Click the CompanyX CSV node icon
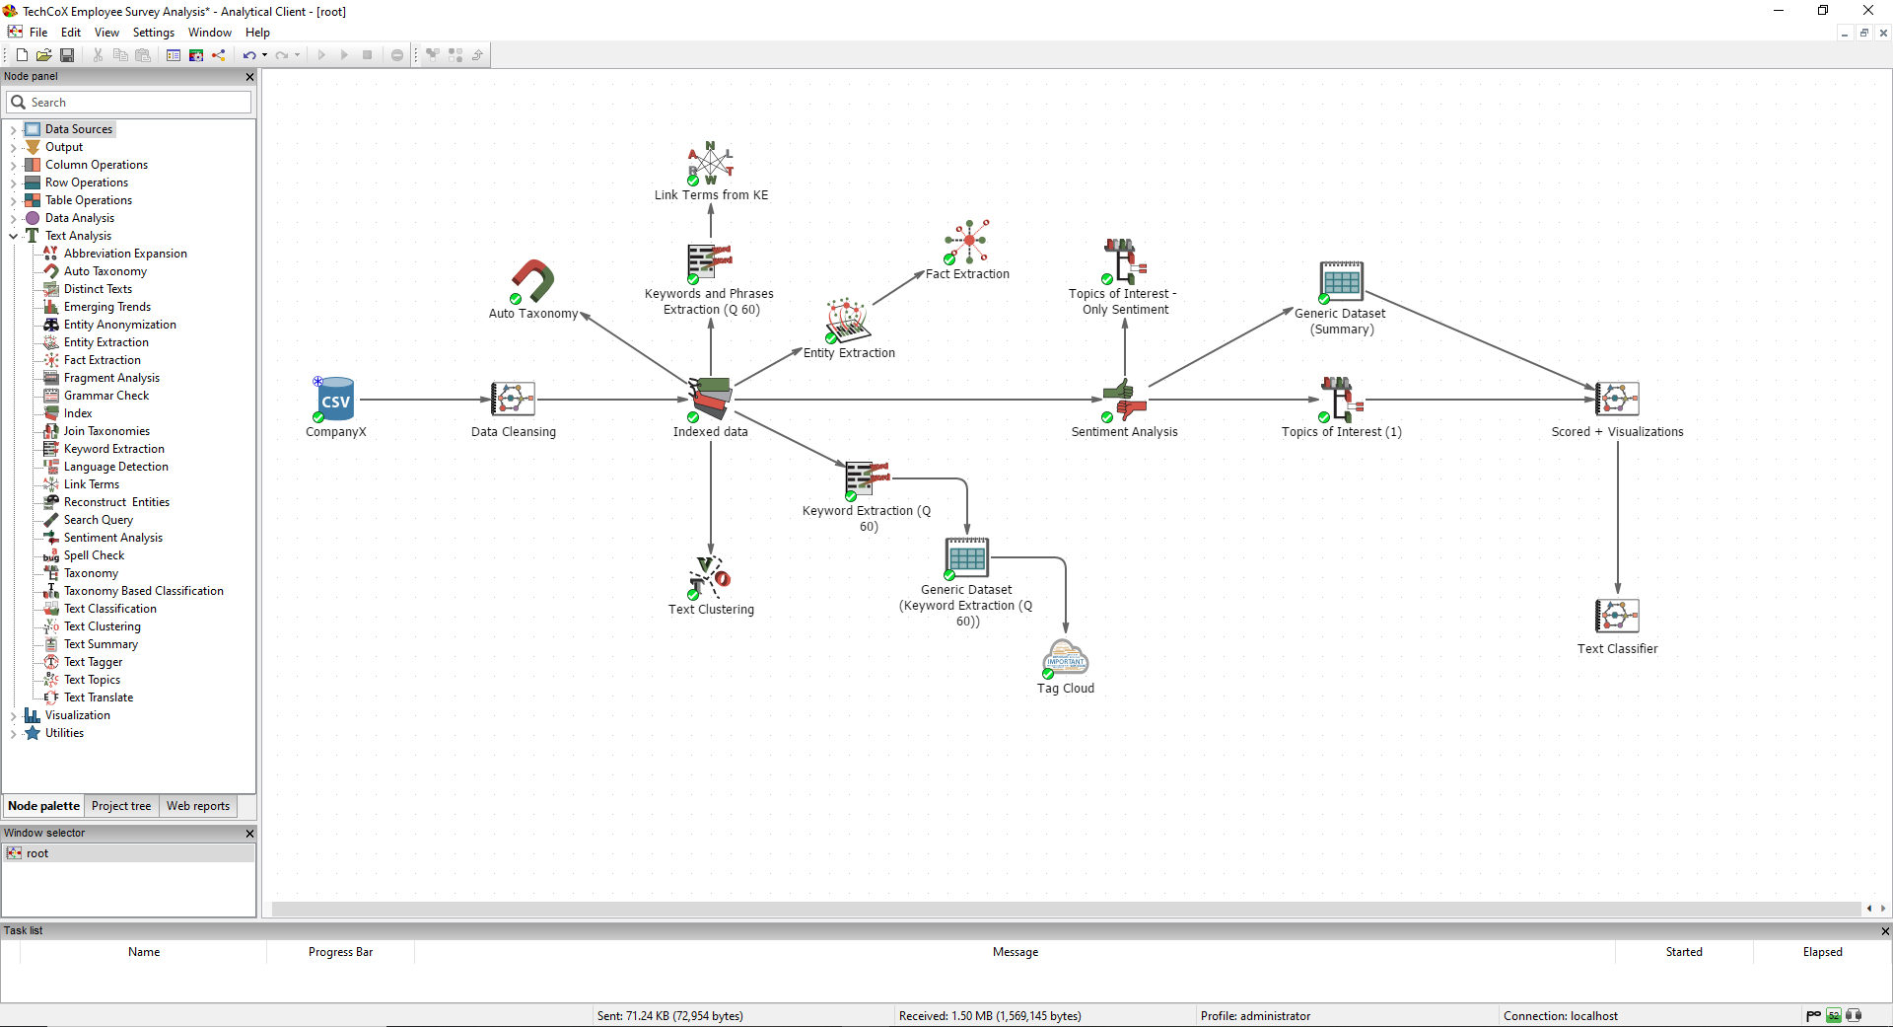pos(335,400)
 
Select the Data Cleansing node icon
pos(513,400)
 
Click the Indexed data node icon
pos(710,398)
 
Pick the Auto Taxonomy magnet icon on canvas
pos(533,281)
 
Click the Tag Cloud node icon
pos(1065,657)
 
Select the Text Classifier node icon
pos(1617,617)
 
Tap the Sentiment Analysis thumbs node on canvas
pos(1124,400)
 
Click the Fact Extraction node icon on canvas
pos(967,243)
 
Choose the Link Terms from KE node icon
pos(711,163)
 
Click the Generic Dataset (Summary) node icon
pos(1341,282)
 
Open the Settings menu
pos(154,33)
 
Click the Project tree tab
pos(121,806)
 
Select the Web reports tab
pos(198,806)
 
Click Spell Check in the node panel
pos(94,555)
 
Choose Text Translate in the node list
pos(99,697)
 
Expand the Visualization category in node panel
pos(13,716)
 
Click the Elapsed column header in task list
pos(1822,952)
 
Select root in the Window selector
pos(37,853)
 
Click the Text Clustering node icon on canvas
pos(710,577)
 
